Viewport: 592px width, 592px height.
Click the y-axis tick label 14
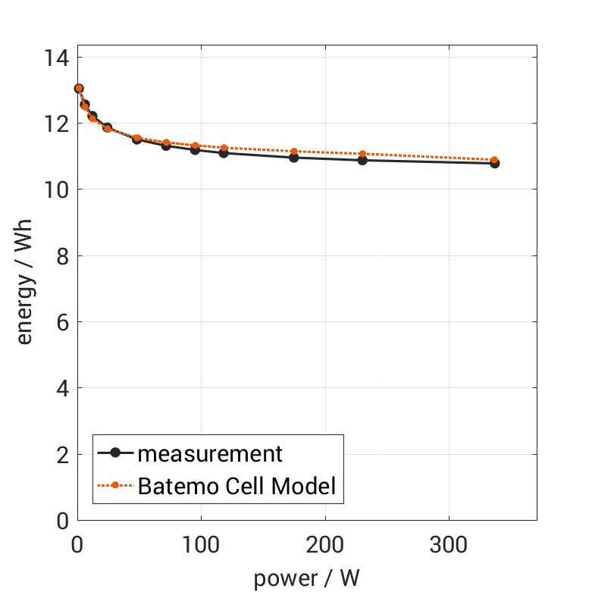pyautogui.click(x=56, y=58)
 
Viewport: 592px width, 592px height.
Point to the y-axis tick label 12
pyautogui.click(x=56, y=124)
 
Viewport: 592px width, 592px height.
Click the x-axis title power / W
pyautogui.click(x=306, y=578)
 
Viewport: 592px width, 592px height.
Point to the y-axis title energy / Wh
pyautogui.click(x=25, y=289)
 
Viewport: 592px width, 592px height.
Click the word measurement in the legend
pyautogui.click(x=210, y=454)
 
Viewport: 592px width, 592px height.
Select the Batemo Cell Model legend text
pyautogui.click(x=236, y=486)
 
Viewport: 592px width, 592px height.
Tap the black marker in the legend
pyautogui.click(x=115, y=453)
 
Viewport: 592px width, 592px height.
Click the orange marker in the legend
pyautogui.click(x=115, y=485)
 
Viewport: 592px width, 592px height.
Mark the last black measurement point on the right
pyautogui.click(x=495, y=163)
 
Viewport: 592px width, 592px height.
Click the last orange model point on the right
pyautogui.click(x=495, y=160)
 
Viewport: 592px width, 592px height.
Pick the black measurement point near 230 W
pyautogui.click(x=362, y=160)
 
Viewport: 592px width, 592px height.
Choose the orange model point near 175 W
pyautogui.click(x=294, y=152)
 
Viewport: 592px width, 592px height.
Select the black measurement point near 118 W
pyautogui.click(x=224, y=153)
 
